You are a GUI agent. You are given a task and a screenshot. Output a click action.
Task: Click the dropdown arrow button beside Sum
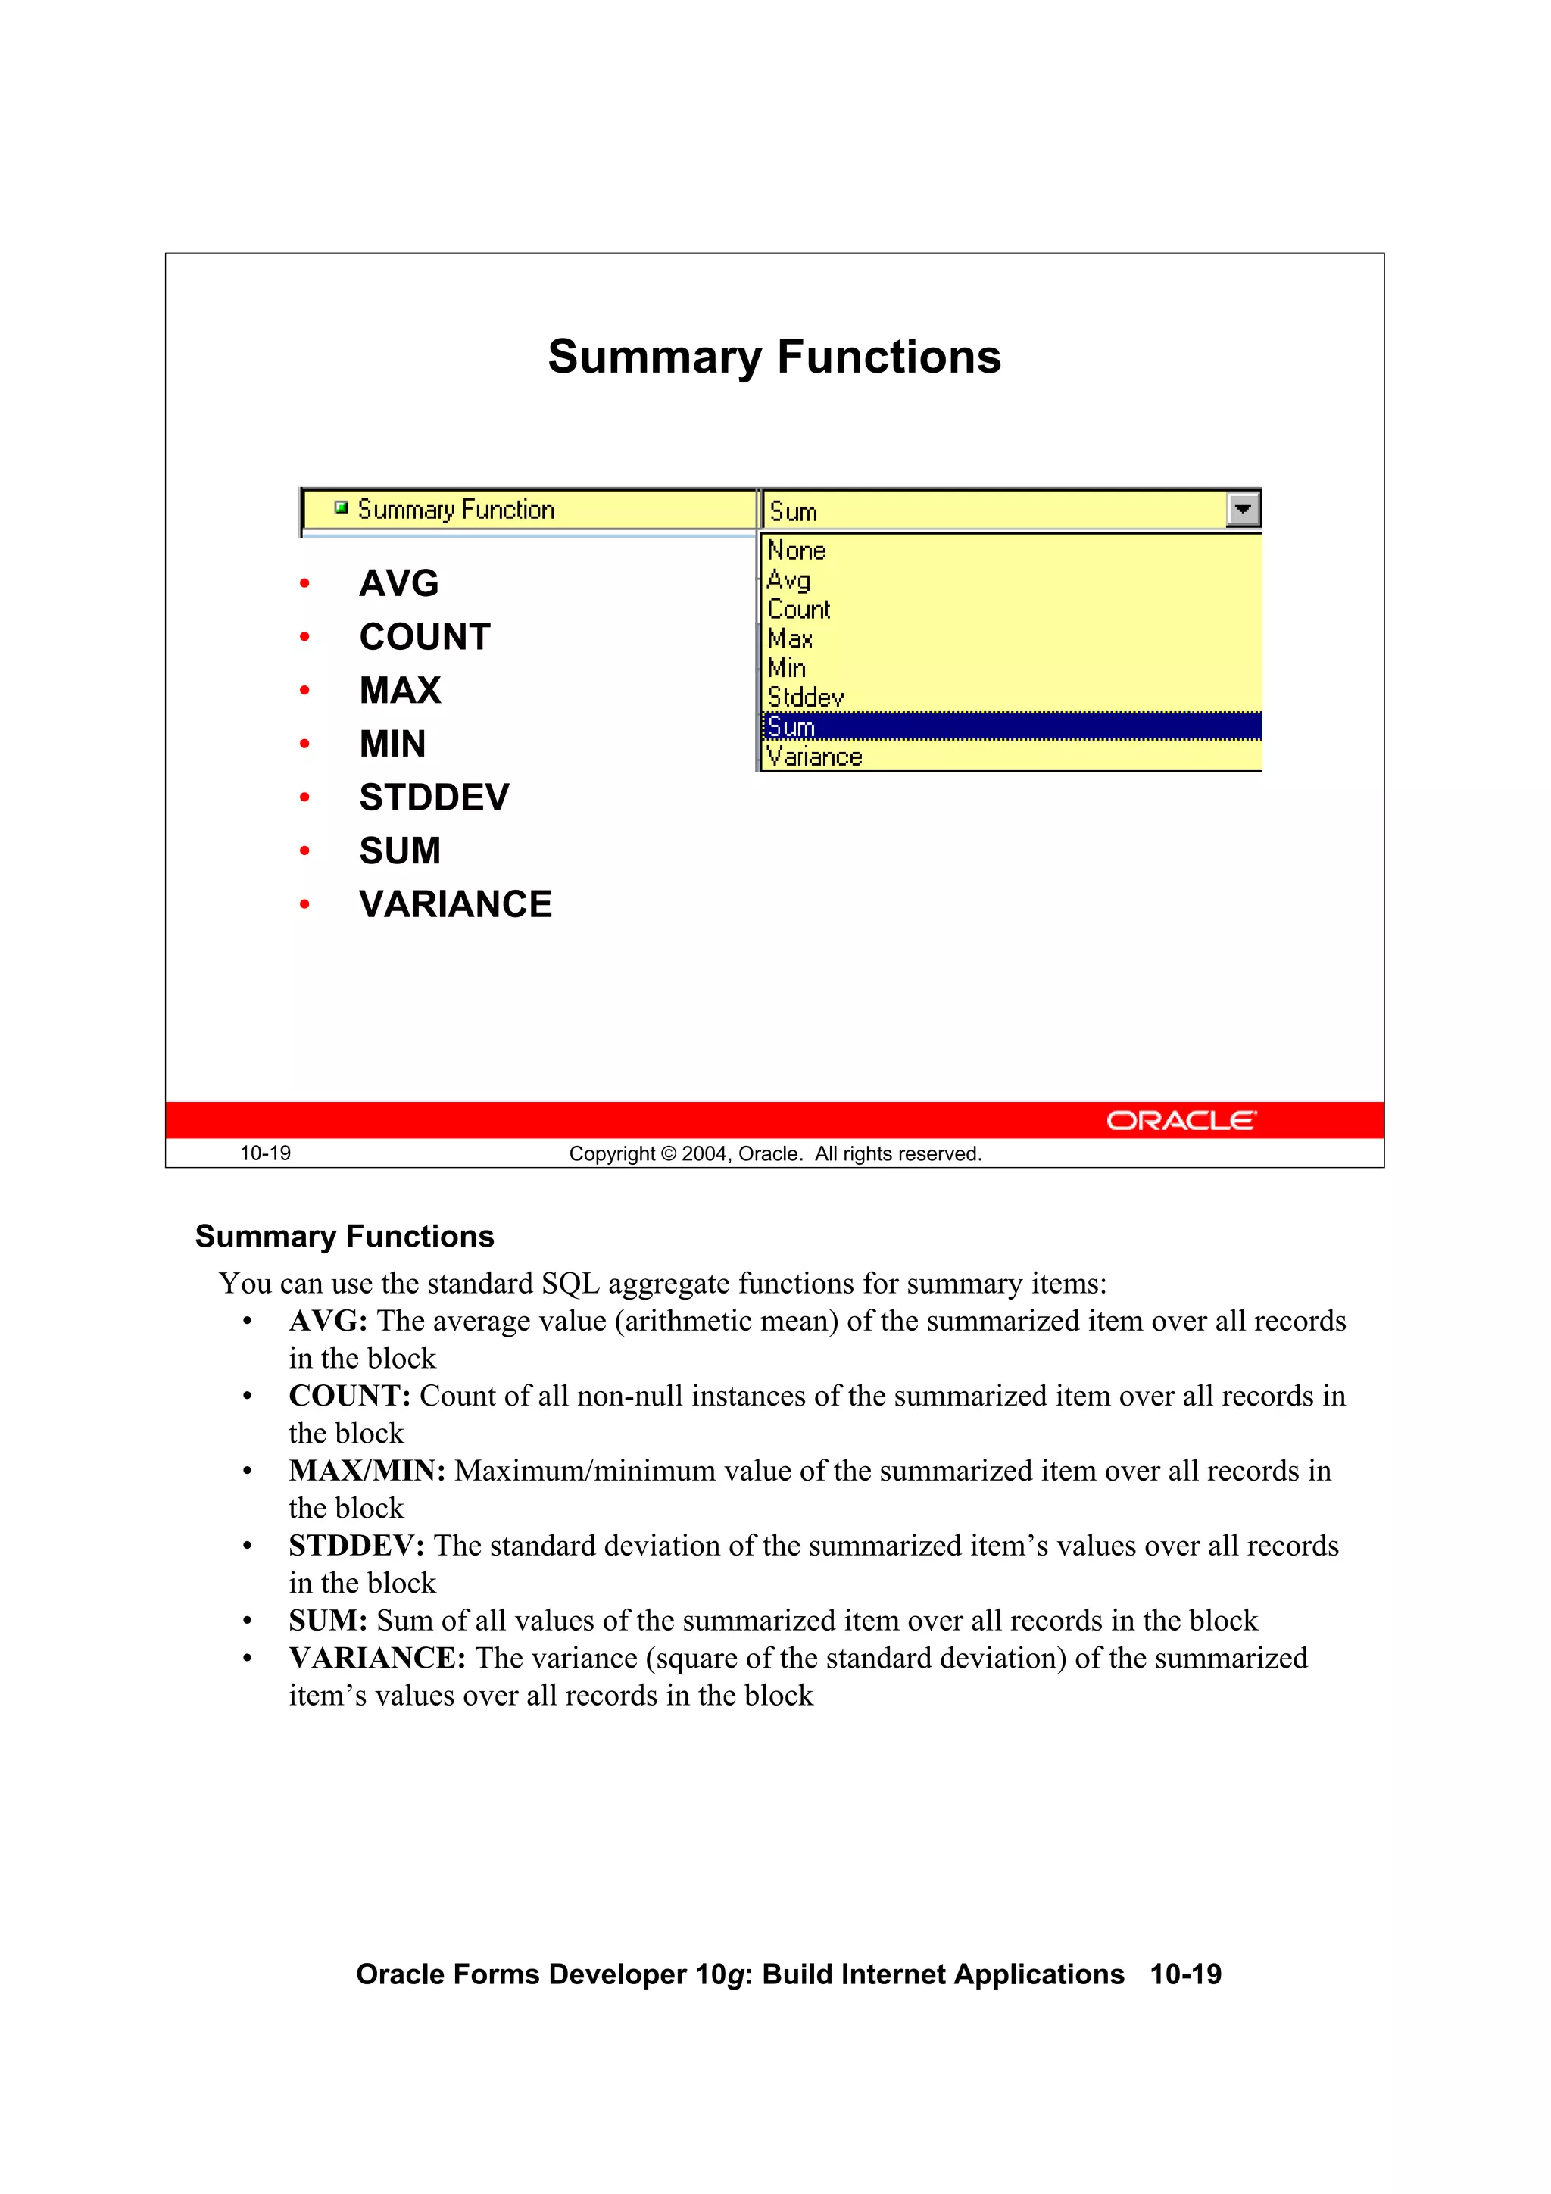click(x=1242, y=510)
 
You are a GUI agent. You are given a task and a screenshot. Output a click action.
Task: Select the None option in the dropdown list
click(x=796, y=551)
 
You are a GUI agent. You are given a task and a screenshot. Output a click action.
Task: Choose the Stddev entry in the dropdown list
click(x=806, y=698)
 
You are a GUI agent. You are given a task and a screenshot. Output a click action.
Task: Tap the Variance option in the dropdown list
click(x=814, y=757)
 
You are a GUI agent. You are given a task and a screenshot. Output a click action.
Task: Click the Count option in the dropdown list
click(x=799, y=610)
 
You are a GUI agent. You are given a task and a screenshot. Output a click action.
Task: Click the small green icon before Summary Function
click(x=341, y=508)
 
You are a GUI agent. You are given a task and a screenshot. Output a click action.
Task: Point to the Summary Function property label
click(x=456, y=510)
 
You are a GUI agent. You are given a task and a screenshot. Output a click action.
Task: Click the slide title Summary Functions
click(x=774, y=357)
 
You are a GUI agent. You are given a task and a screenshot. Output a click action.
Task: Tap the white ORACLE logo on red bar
click(x=1181, y=1120)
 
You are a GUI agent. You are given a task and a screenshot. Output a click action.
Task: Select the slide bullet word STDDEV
click(x=434, y=797)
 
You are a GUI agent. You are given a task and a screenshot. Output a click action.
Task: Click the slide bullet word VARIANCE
click(x=455, y=904)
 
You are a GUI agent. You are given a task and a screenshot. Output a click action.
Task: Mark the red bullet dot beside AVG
click(x=305, y=583)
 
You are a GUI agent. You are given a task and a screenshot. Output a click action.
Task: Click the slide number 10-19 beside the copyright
click(x=265, y=1153)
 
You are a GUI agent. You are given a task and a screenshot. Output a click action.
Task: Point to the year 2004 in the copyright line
click(x=705, y=1154)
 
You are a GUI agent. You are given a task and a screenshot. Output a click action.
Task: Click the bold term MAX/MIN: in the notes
click(x=367, y=1471)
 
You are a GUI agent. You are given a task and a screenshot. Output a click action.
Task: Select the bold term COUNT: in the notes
click(x=350, y=1396)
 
